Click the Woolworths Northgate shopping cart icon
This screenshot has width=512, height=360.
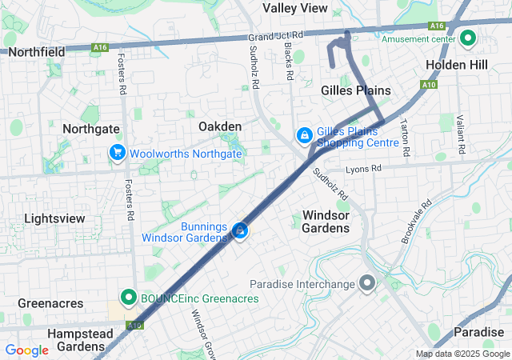(x=118, y=152)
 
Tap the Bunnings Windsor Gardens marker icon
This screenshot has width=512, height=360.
(x=239, y=232)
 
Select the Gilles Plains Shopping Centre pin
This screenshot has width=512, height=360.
(x=305, y=137)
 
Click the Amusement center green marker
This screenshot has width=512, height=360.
(x=466, y=38)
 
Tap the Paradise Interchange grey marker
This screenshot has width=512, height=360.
(x=367, y=284)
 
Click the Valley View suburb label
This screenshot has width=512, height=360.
(x=295, y=8)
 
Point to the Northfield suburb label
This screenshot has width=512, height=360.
(x=37, y=52)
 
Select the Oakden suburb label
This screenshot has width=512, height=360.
(x=220, y=126)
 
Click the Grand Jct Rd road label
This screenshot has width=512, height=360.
(x=276, y=37)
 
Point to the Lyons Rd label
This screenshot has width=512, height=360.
(x=364, y=170)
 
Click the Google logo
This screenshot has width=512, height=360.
(x=26, y=350)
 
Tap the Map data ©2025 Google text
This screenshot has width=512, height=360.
(x=462, y=354)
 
